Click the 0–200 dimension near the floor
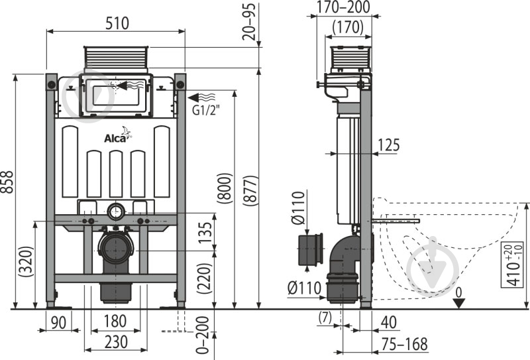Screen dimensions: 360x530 pyautogui.click(x=204, y=335)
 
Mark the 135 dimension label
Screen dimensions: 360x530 pyautogui.click(x=206, y=231)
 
